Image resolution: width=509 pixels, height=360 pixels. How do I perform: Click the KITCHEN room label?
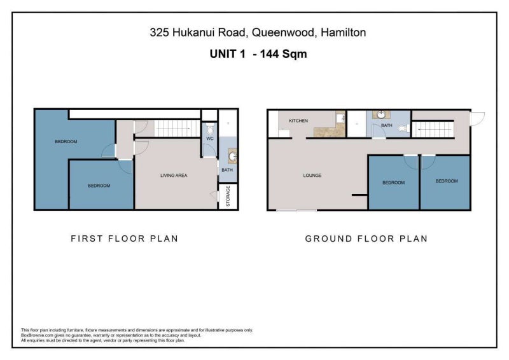298,121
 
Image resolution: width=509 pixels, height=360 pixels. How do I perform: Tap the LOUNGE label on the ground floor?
312,176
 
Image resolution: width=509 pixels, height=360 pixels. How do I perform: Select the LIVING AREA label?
174,176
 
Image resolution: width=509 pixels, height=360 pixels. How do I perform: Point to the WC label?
210,139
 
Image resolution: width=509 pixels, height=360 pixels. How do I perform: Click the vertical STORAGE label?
228,196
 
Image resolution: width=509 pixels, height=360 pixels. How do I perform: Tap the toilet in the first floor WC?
210,129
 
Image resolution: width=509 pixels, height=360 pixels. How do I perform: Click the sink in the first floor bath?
232,156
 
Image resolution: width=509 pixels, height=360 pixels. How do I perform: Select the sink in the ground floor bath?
381,114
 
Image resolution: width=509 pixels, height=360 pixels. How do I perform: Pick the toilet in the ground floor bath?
403,128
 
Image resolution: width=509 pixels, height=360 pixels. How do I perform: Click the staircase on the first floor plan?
177,128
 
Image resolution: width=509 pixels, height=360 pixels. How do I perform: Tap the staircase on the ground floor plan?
433,129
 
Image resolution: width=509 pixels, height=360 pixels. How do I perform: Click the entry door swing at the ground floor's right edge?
477,119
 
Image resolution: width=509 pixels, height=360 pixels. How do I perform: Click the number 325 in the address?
159,32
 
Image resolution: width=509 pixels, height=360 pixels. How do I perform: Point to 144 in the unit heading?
269,53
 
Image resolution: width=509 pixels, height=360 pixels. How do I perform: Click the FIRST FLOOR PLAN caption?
125,239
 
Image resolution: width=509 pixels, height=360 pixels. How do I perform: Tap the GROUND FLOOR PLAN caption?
366,239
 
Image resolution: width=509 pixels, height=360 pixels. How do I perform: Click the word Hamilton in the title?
343,32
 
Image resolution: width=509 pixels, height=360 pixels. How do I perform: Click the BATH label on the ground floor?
386,125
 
